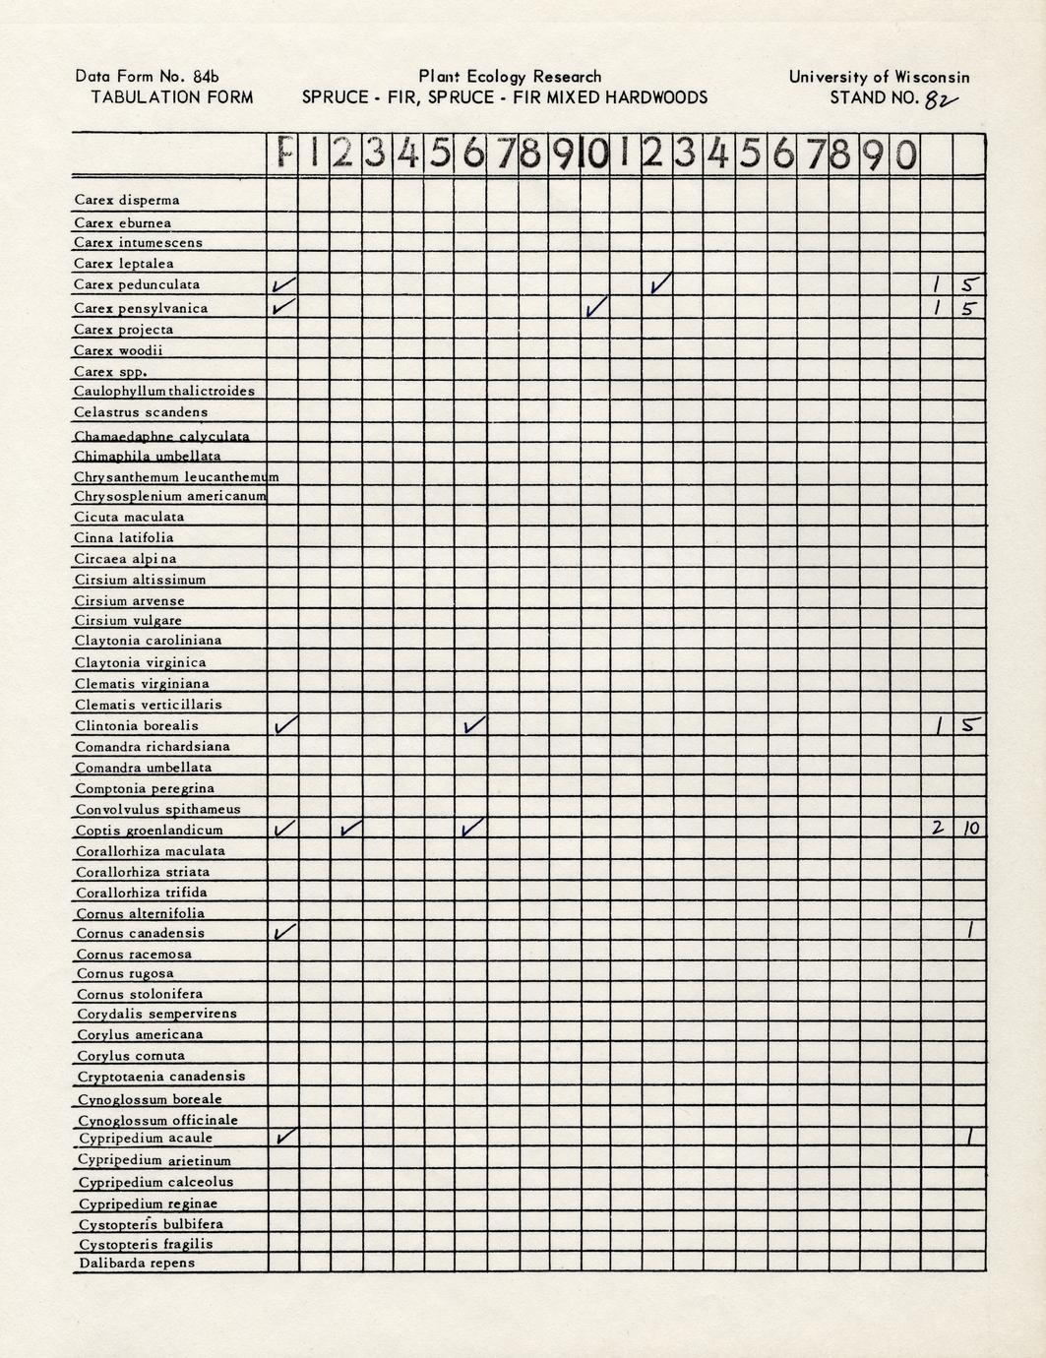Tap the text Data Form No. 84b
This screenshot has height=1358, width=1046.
click(148, 77)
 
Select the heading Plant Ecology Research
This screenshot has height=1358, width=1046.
click(510, 77)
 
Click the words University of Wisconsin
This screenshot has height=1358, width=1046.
click(879, 77)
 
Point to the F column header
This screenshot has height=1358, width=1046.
click(283, 154)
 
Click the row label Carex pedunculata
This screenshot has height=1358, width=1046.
click(137, 285)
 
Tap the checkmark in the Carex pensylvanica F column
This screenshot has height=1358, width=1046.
click(283, 307)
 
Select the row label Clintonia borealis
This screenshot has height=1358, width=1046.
click(137, 726)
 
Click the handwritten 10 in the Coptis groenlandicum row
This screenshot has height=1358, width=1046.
click(970, 829)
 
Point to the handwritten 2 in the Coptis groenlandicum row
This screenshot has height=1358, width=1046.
click(937, 829)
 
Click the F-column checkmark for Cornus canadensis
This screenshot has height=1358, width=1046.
click(283, 932)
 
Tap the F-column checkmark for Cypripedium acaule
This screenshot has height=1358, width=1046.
click(283, 1138)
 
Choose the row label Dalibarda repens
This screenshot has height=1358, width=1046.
click(137, 1264)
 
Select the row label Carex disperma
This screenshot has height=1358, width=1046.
click(127, 201)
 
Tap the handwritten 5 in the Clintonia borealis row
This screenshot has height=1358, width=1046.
click(970, 726)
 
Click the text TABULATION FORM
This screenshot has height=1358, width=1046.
click(172, 97)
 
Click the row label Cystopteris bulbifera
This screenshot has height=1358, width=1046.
click(151, 1224)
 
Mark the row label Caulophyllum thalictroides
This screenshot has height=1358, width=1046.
click(164, 392)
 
